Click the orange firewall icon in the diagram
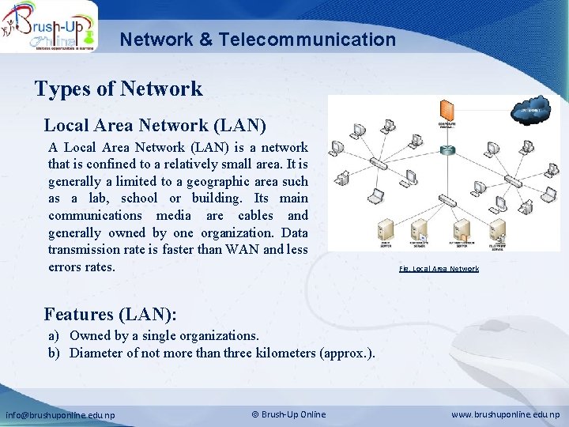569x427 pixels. coord(447,111)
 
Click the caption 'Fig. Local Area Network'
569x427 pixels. coord(439,269)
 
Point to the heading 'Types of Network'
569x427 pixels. coord(119,89)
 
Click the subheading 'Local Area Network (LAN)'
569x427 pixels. coord(155,125)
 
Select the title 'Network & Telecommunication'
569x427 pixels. coord(258,39)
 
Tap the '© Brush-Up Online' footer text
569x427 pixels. coord(288,414)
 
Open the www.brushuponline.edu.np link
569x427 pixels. coord(505,414)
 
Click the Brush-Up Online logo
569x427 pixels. coord(49,26)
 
